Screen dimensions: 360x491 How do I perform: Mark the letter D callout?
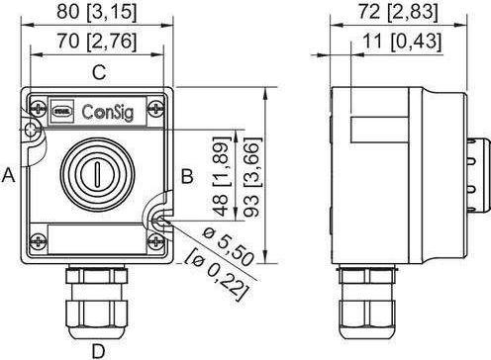[97, 348]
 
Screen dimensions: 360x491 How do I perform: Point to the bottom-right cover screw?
[158, 239]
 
